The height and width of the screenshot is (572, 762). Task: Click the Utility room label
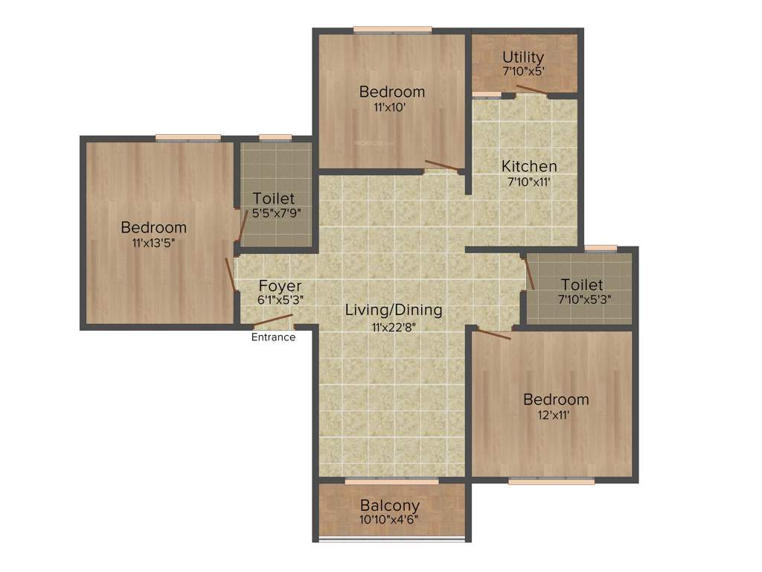(523, 57)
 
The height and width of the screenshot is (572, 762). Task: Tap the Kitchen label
(529, 166)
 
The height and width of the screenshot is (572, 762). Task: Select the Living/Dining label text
(394, 310)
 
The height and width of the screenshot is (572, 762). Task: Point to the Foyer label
(280, 286)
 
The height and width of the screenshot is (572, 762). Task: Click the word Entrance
(273, 337)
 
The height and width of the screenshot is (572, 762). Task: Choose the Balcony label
(390, 506)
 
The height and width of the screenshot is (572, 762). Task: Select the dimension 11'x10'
(391, 107)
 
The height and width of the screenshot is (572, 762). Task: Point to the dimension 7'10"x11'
(528, 181)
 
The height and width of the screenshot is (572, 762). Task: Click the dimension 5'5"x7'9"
(273, 212)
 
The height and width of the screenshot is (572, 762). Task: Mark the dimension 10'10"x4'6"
(390, 520)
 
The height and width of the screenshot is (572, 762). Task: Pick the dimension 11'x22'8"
(394, 325)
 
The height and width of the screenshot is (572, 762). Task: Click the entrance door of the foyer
(272, 322)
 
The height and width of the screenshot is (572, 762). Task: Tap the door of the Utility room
(532, 91)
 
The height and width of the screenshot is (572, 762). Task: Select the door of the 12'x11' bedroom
(494, 334)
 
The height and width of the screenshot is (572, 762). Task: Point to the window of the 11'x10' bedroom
(392, 31)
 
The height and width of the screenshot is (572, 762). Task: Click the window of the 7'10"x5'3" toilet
(600, 248)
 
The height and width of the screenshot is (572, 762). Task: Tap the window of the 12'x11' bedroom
(551, 481)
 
